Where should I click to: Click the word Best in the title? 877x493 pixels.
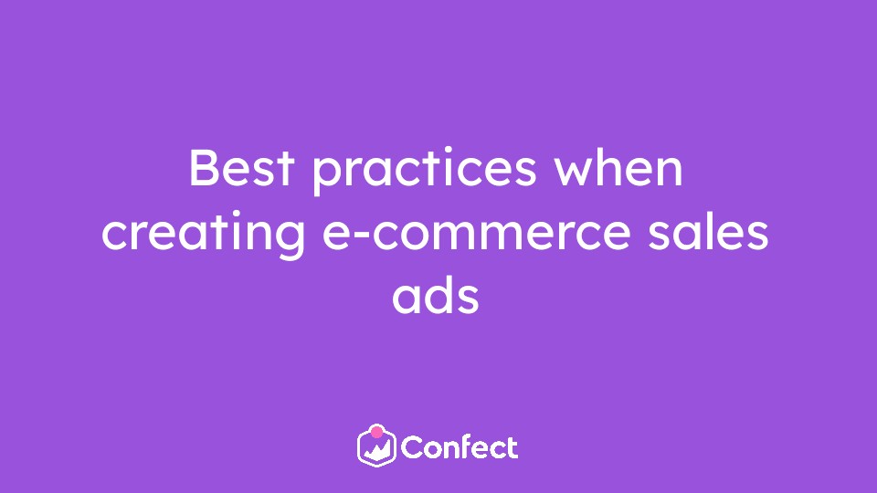pos(241,167)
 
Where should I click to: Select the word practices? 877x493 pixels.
pos(424,170)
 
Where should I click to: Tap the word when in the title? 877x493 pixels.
pos(618,167)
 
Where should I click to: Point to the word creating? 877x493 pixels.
pos(203,235)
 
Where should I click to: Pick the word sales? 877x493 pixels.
pos(708,231)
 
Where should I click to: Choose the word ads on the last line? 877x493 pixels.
pos(436,296)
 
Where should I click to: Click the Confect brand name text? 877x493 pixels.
pos(460,447)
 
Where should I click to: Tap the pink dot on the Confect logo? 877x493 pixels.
pos(377,432)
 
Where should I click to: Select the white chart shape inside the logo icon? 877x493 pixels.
pos(377,450)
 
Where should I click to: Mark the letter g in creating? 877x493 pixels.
pos(291,241)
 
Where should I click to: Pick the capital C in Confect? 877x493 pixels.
pos(413,447)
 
